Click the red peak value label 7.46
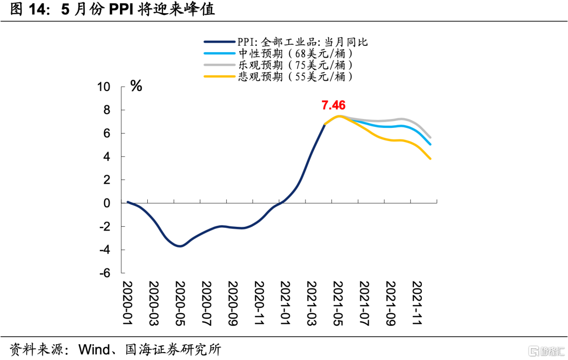333,105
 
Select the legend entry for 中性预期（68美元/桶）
294,53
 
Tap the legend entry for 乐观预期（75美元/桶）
294,65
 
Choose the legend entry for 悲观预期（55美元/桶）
294,76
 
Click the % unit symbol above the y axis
136,86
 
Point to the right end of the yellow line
431,158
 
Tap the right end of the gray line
431,137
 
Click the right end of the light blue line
431,144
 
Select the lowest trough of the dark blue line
180,246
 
